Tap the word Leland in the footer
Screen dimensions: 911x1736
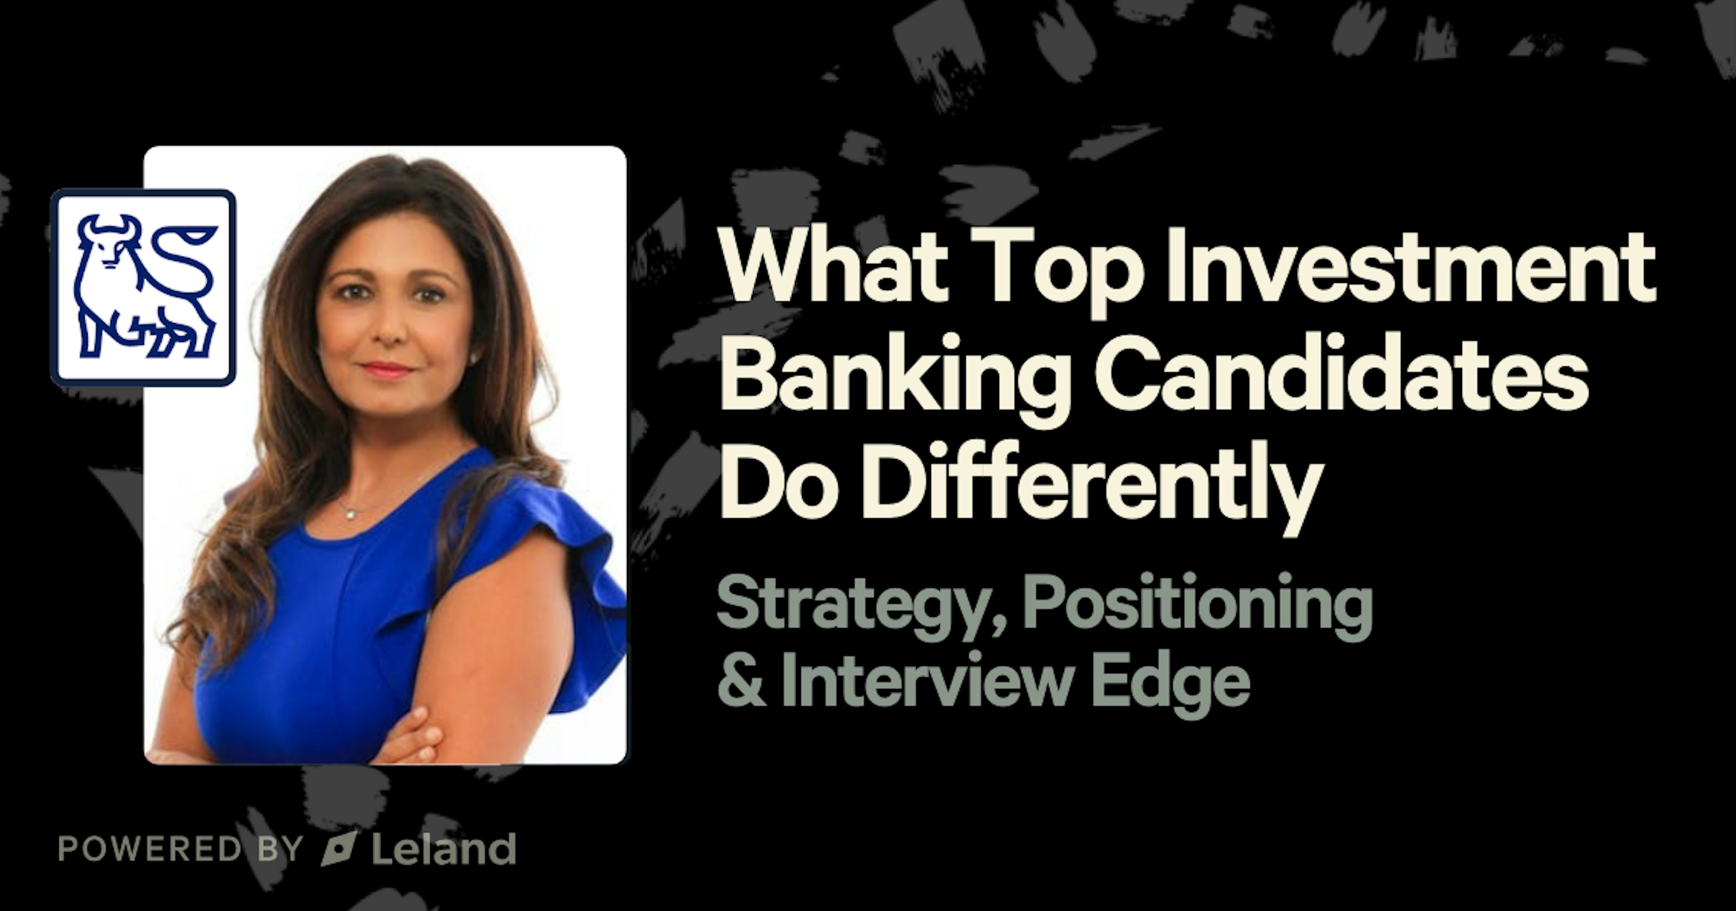(x=443, y=849)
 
